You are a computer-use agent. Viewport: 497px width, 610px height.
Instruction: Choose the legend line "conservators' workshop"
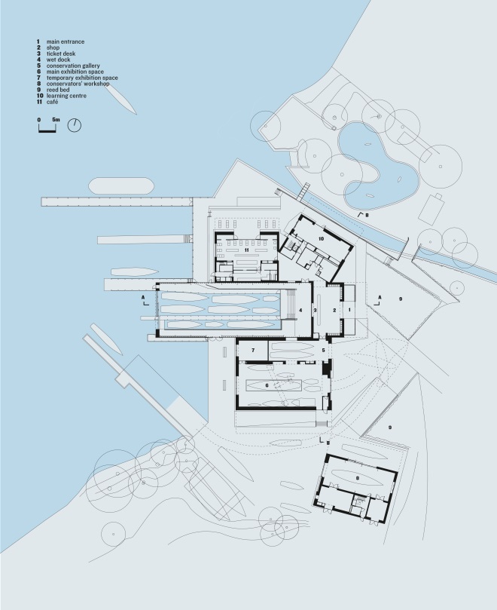78,84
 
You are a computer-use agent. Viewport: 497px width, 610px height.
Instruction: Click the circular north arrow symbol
75,126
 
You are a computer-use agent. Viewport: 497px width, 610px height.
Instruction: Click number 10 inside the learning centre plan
322,238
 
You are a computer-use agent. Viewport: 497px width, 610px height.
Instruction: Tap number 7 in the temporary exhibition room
254,351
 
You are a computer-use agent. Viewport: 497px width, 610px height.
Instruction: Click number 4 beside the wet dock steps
300,310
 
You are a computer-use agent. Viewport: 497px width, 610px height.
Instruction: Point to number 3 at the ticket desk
316,310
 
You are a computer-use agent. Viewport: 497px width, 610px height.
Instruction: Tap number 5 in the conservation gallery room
322,351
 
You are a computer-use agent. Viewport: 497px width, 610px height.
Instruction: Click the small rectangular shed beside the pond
433,205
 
